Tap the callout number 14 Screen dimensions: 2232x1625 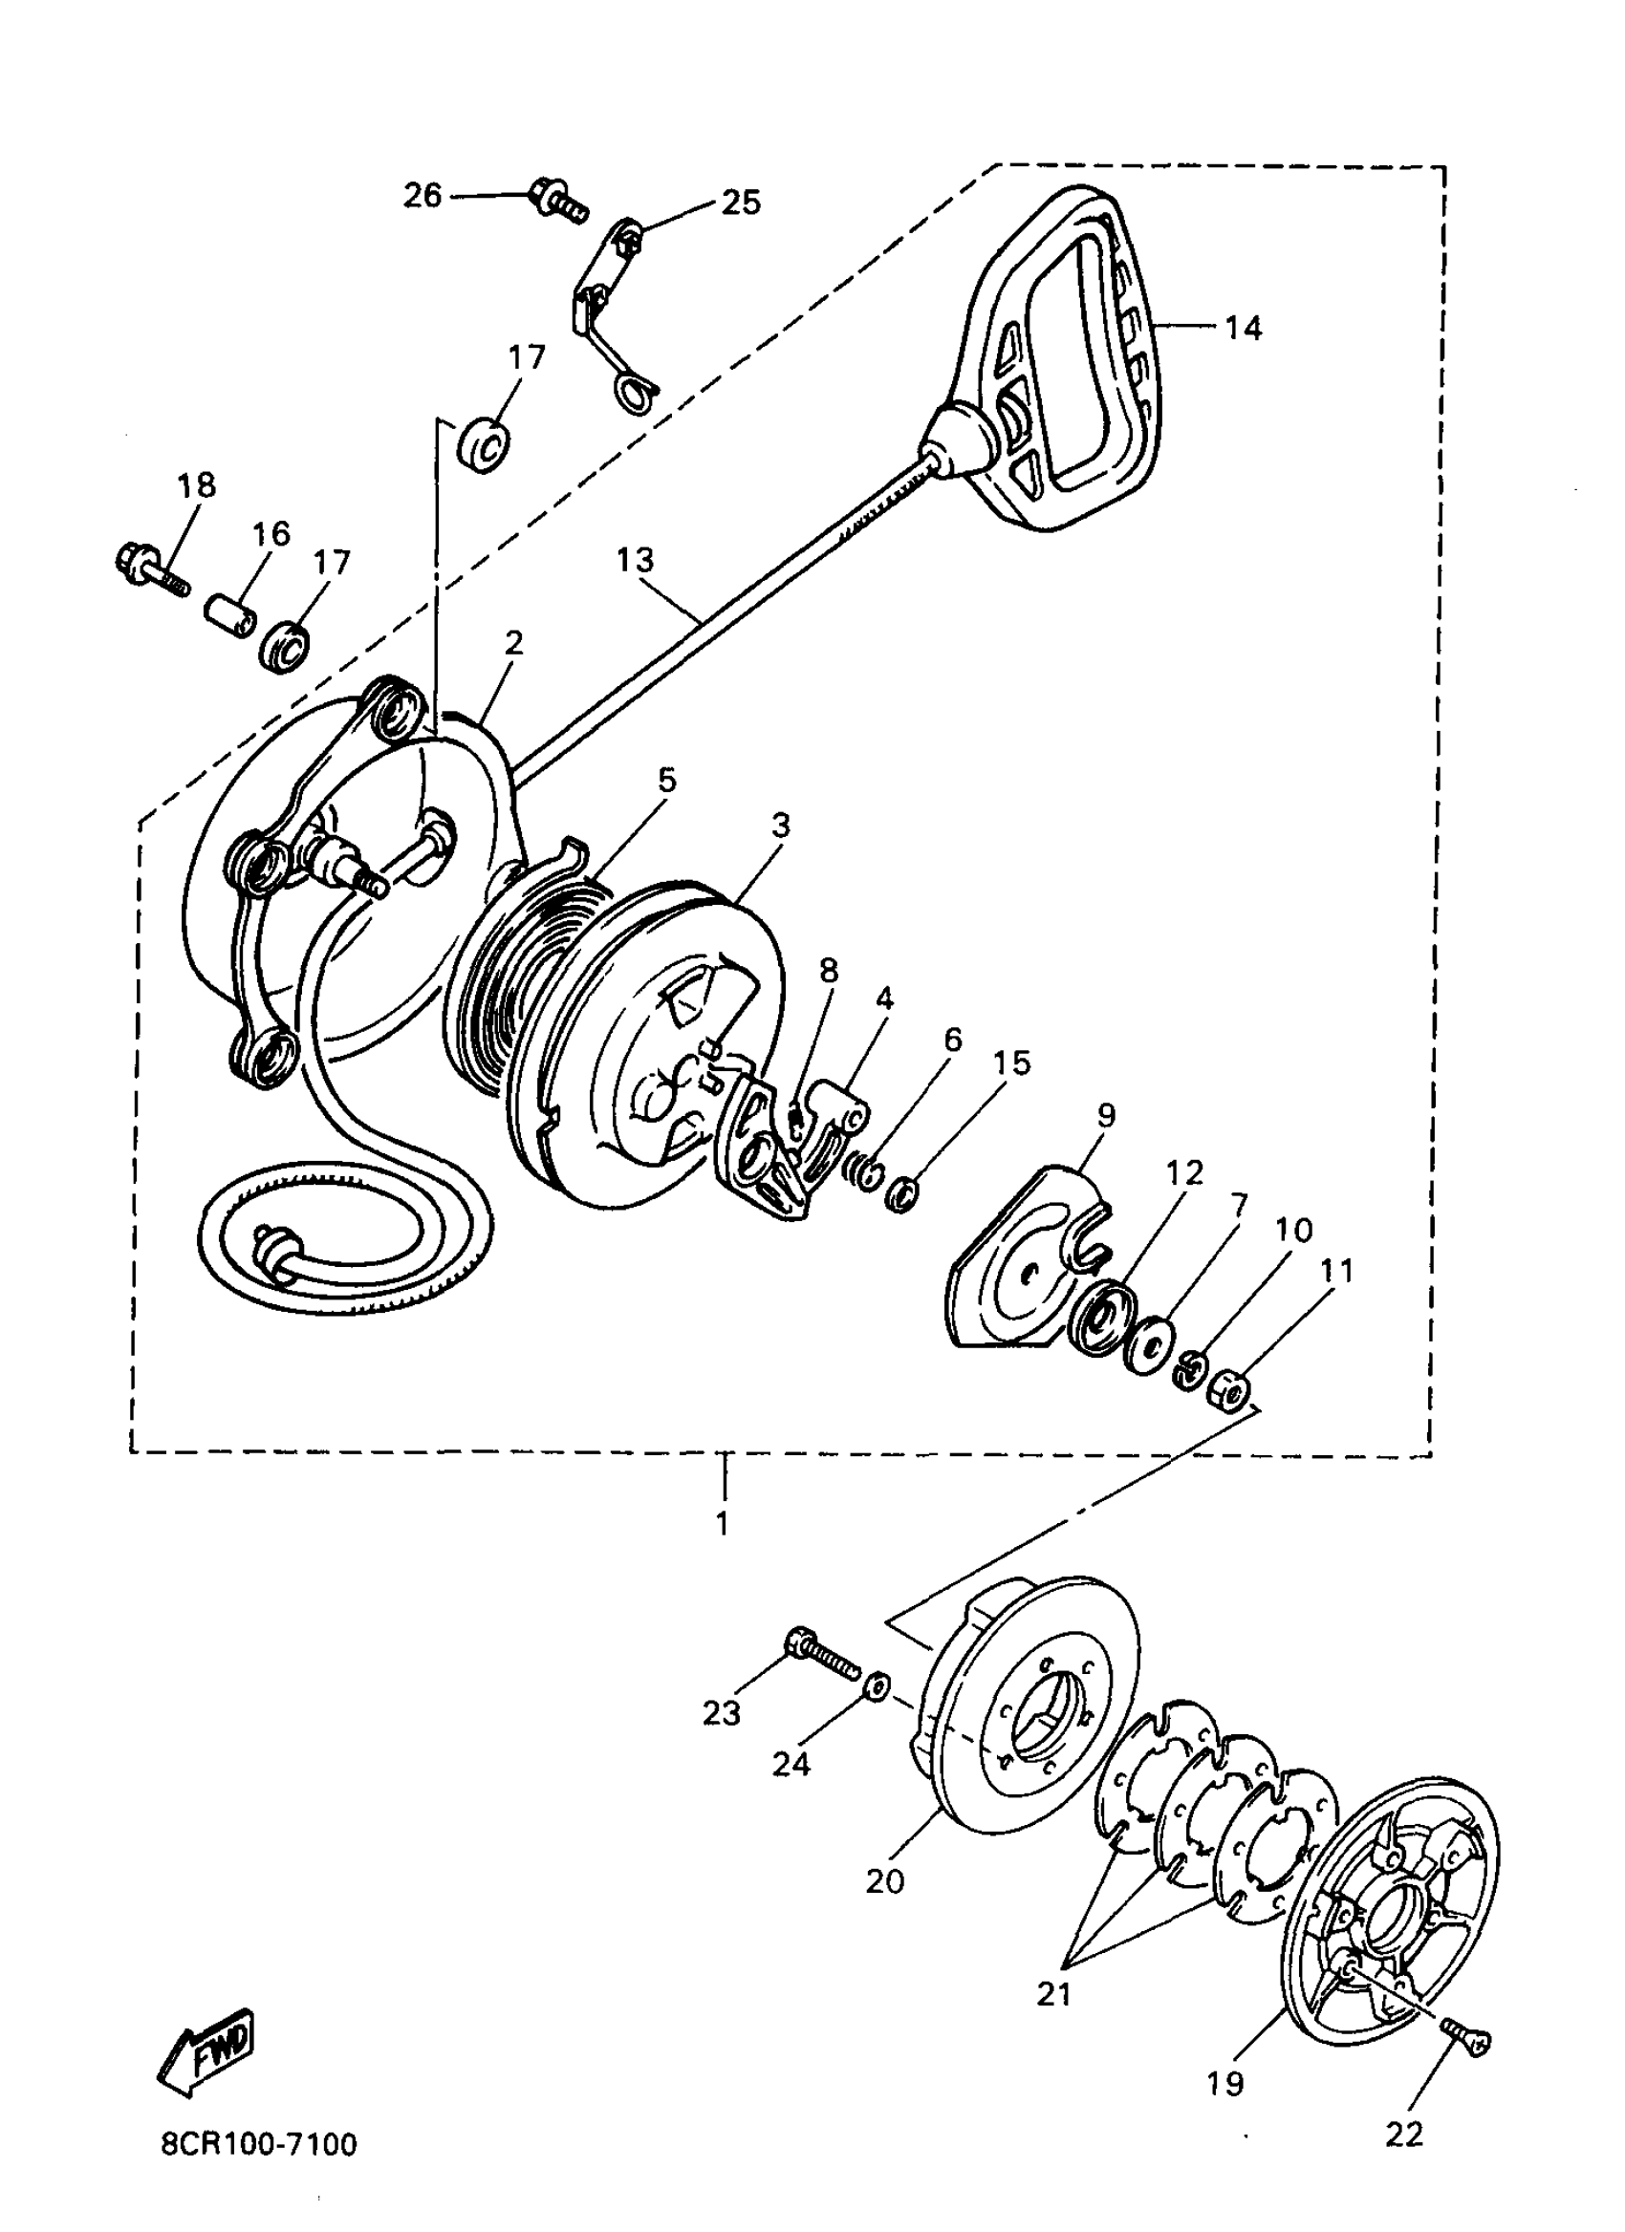[x=1243, y=328]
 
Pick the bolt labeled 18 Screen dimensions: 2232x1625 [x=151, y=569]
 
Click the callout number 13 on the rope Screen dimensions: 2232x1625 [x=635, y=560]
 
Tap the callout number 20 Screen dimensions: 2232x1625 [x=885, y=1881]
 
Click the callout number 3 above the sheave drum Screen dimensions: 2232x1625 [x=781, y=825]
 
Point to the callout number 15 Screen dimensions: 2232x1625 [x=1012, y=1063]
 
